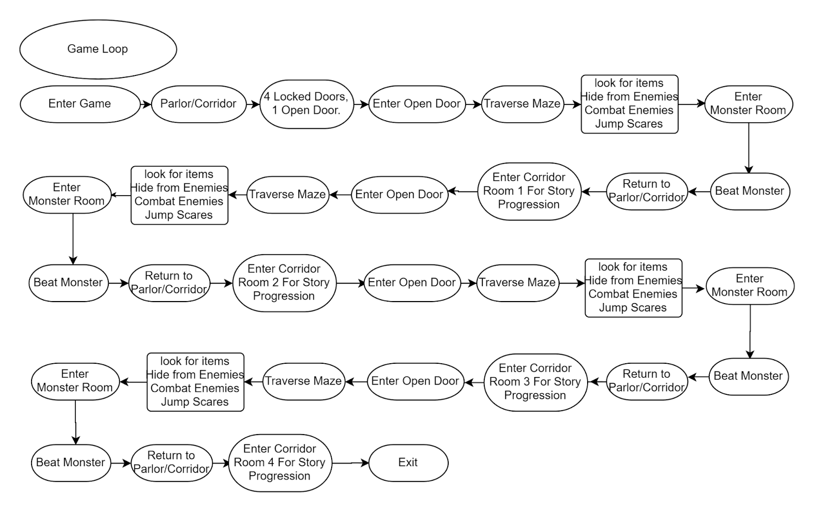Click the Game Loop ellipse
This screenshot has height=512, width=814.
98,49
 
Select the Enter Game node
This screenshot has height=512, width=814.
80,104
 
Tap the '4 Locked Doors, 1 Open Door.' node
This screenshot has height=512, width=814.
307,104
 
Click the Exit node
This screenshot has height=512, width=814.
409,463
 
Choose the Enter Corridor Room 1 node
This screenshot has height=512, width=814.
529,192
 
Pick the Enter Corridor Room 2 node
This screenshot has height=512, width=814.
284,283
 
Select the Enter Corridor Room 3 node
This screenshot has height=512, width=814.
536,383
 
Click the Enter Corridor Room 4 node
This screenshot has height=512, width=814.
280,463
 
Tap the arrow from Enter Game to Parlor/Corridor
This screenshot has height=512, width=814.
146,104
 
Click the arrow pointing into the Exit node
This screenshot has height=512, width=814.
351,463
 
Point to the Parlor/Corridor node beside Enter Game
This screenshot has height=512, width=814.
199,104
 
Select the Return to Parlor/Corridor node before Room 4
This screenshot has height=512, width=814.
171,463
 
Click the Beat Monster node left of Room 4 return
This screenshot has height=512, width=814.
71,463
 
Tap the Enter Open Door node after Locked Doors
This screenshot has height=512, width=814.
417,104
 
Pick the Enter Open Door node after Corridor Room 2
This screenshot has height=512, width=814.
412,283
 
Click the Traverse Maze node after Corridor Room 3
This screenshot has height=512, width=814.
304,382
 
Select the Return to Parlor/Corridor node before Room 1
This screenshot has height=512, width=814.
647,192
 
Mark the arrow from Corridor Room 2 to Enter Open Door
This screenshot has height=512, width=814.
351,283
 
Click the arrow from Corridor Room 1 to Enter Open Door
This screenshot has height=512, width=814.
462,191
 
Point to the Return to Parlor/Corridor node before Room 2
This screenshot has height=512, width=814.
169,283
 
